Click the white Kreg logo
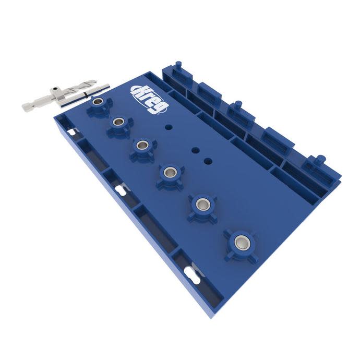coord(150,100)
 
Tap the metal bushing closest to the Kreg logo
coord(98,101)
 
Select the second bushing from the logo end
coord(118,122)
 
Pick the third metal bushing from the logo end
coord(142,145)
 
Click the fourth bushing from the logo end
coord(170,172)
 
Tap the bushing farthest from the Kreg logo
coord(241,242)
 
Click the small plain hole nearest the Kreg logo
coord(169,127)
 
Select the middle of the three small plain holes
coord(196,151)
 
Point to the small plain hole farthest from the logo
coord(208,161)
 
